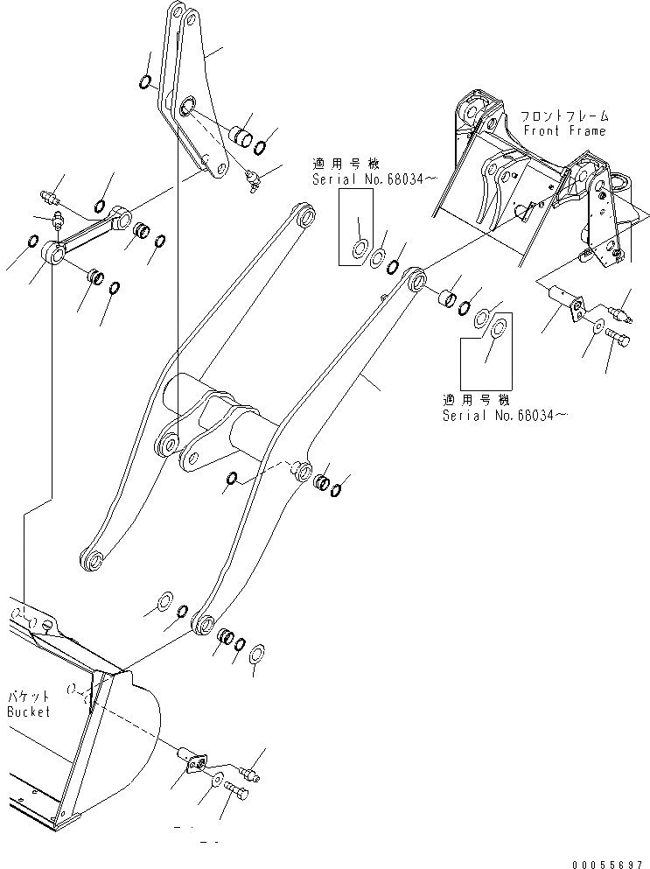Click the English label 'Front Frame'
point(563,130)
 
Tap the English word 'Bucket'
point(30,711)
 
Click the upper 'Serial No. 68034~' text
point(367,179)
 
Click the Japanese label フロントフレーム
point(563,116)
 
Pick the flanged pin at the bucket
point(190,759)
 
